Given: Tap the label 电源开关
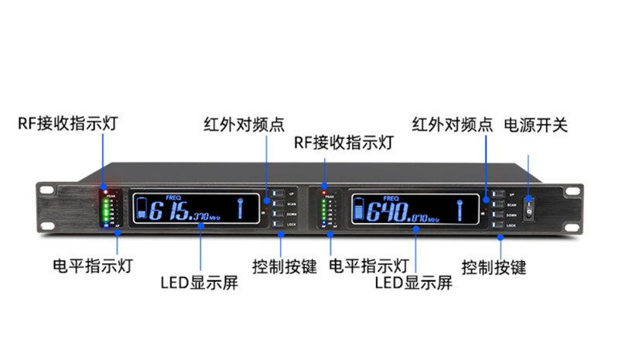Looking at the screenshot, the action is [535, 125].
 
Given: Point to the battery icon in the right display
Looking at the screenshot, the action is [357, 209].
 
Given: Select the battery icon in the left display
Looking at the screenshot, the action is [142, 209].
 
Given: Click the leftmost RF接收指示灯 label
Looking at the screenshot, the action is [69, 124].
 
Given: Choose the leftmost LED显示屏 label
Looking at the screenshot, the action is [199, 283].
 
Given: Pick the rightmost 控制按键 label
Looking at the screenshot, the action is [494, 268].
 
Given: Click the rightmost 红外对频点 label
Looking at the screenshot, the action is [452, 125].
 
